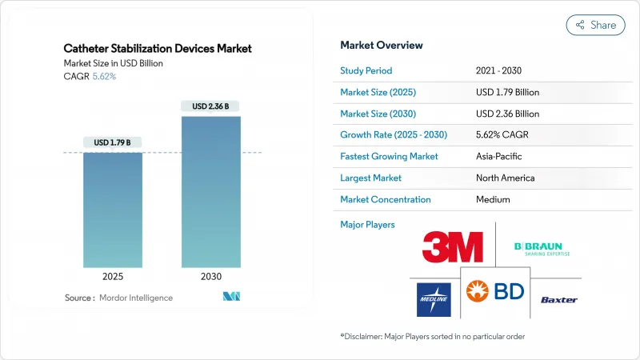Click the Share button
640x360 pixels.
596,25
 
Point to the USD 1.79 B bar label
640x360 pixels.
113,142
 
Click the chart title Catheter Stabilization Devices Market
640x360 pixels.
158,49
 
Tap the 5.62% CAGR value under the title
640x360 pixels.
103,77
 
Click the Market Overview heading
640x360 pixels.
382,45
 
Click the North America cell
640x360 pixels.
505,178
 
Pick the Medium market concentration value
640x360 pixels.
494,199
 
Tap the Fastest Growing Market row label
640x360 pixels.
389,156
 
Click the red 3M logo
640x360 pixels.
452,246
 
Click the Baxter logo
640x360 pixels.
558,300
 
